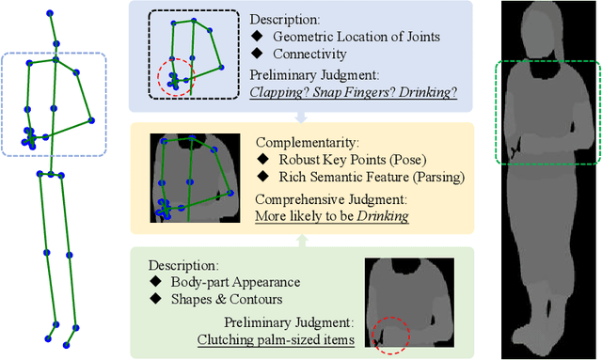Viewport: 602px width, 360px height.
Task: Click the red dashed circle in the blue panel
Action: (x=174, y=76)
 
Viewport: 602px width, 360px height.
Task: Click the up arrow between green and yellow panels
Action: (x=300, y=240)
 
